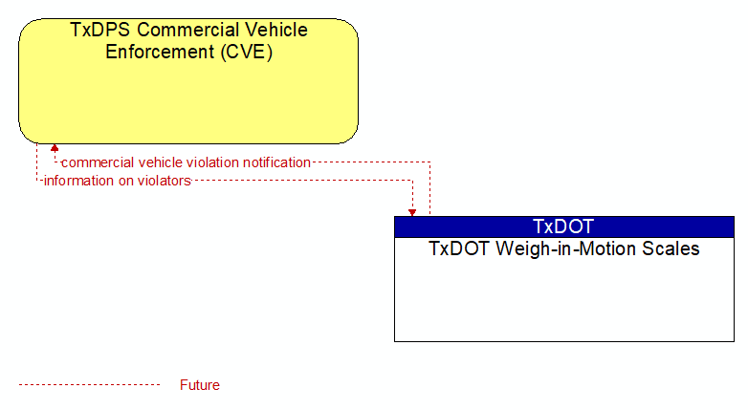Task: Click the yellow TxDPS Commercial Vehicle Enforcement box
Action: (x=188, y=81)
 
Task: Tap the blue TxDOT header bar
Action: (x=563, y=227)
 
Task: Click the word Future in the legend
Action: (x=199, y=385)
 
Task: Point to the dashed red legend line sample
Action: (x=89, y=385)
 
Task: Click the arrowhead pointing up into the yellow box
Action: (x=55, y=148)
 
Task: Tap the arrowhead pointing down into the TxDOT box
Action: (x=412, y=212)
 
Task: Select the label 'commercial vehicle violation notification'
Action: (x=187, y=162)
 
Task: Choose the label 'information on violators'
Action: (x=118, y=181)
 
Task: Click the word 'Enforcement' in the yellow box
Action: (x=160, y=52)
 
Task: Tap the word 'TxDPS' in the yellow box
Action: (x=99, y=30)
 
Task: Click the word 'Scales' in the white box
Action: (x=671, y=248)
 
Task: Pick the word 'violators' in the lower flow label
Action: (x=165, y=181)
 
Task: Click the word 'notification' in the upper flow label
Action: (x=276, y=162)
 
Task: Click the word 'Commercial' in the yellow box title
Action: (x=187, y=30)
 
